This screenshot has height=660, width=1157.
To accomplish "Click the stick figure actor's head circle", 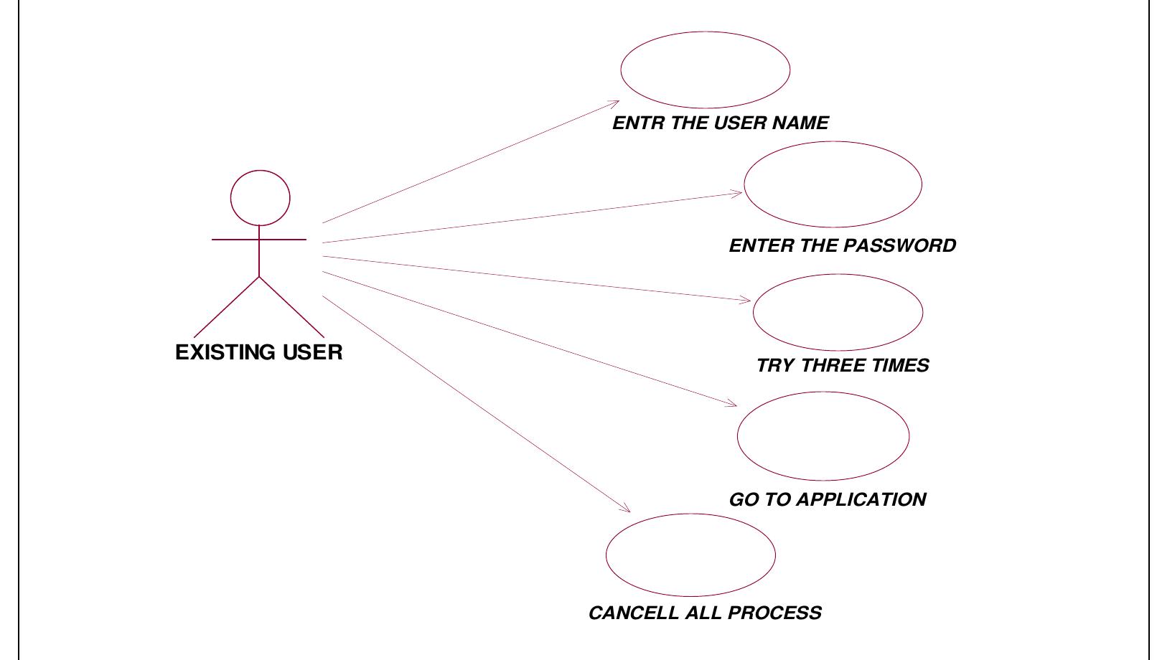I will (261, 197).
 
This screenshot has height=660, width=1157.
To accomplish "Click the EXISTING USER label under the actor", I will (259, 352).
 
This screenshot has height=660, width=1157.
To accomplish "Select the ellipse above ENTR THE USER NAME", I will (705, 70).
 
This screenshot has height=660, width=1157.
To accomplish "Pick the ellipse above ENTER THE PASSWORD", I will (833, 184).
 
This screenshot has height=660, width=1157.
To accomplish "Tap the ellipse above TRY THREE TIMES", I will (838, 312).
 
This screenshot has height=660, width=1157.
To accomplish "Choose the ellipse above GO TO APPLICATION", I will (823, 435).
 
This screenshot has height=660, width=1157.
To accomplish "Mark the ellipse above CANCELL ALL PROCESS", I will (690, 555).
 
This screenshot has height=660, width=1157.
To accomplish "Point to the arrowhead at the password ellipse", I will (739, 192).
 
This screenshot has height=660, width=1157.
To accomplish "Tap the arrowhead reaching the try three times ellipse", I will (747, 301).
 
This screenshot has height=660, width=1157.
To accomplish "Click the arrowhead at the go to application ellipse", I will (733, 405).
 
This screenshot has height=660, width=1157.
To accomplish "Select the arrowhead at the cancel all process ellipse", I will (627, 510).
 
